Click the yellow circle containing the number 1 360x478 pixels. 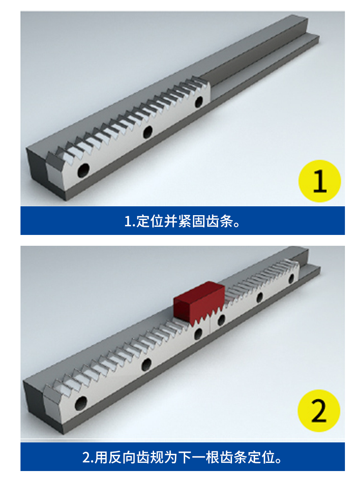(x=315, y=178)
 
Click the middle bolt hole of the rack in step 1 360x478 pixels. (x=145, y=130)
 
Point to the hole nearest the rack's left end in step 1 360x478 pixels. (x=82, y=168)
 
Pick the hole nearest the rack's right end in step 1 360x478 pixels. (x=196, y=100)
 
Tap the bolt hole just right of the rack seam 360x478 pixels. (x=218, y=315)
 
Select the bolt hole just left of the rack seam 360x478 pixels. (x=195, y=329)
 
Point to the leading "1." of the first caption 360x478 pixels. (x=128, y=218)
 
